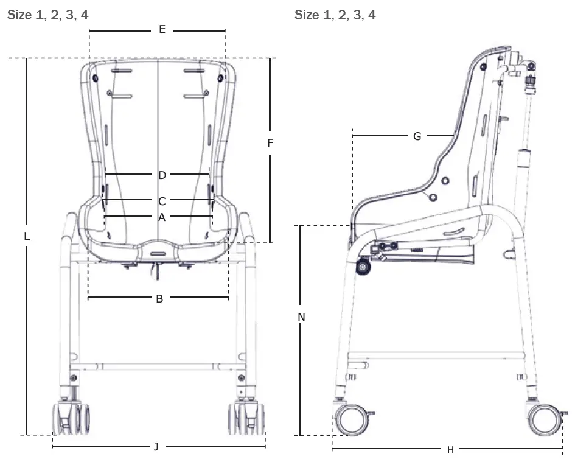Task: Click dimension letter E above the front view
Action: coord(162,29)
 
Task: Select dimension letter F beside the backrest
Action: coord(270,144)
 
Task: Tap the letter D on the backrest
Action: coord(162,175)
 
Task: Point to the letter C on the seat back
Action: coord(162,201)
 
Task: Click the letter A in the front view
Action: coord(162,217)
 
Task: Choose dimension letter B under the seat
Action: coord(159,299)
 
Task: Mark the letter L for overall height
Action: coord(27,237)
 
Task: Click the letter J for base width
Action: coord(156,447)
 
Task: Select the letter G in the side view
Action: coord(417,136)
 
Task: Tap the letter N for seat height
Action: coord(301,317)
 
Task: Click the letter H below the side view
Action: coord(450,450)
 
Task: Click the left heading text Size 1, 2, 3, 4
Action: coord(47,15)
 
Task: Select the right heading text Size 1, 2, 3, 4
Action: coord(335,15)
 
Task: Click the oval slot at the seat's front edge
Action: coord(158,252)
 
